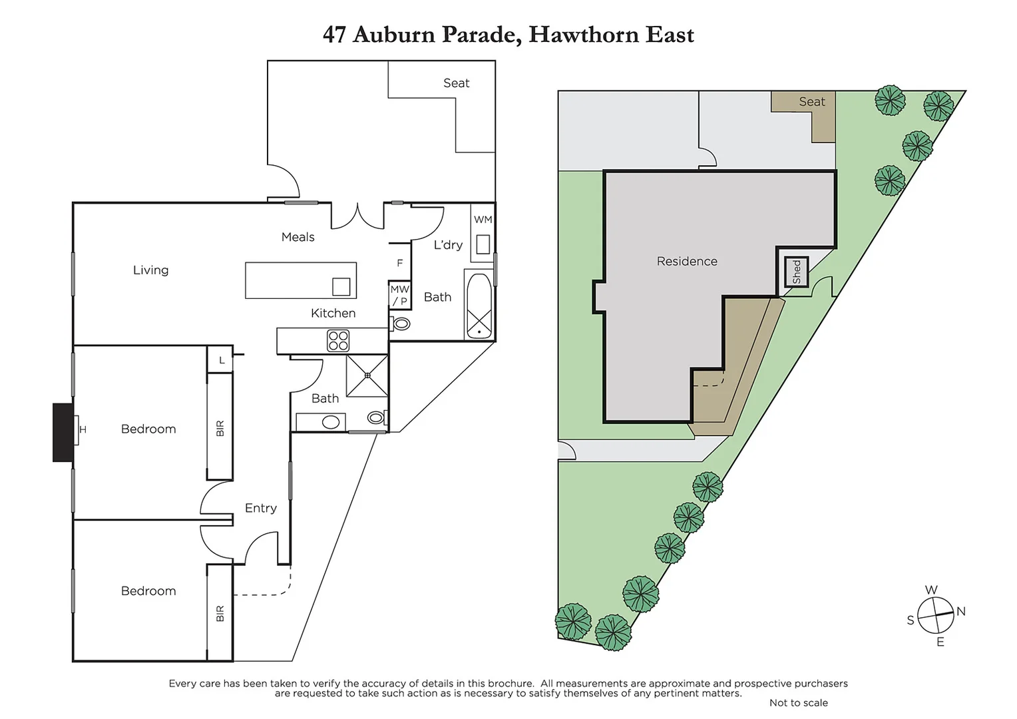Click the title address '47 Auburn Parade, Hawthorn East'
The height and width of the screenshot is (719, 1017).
508,35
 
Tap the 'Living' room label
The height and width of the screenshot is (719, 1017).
150,270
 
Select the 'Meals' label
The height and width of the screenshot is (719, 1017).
298,237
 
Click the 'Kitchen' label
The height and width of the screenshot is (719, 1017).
333,313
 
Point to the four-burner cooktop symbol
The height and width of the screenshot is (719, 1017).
338,341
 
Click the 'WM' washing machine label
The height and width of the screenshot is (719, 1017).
483,220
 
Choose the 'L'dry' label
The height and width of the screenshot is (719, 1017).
448,245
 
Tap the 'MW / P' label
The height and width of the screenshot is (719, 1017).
399,296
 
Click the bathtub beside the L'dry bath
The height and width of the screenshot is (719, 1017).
479,306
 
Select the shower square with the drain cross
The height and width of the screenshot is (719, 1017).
367,375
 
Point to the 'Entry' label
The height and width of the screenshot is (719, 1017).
260,508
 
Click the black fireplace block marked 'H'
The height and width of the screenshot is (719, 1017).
63,432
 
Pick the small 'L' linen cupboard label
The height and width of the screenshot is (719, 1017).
222,360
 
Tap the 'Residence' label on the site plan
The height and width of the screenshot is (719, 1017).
687,262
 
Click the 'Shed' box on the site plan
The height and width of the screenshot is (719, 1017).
796,272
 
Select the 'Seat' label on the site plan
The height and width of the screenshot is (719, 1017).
811,102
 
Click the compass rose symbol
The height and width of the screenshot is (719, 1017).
936,616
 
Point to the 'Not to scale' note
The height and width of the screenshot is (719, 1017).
798,703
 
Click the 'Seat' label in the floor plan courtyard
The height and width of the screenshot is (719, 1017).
456,83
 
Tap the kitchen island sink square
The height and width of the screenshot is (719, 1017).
341,286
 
